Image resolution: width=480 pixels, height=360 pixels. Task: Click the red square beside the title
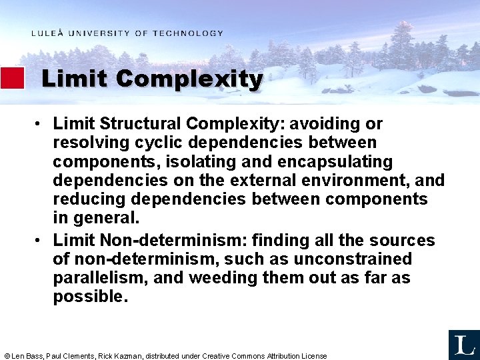tap(12, 78)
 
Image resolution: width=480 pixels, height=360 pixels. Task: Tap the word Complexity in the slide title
tap(189, 79)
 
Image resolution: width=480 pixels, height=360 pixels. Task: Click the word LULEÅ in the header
tap(47, 33)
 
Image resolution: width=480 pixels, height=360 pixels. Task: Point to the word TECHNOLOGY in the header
tap(188, 33)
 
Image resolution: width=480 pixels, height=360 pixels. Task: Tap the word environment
tap(361, 180)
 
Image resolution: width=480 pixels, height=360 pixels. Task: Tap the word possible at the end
tap(90, 297)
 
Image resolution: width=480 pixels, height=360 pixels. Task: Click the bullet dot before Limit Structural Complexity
tap(41, 125)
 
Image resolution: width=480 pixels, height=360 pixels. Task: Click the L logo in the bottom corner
tap(463, 344)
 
